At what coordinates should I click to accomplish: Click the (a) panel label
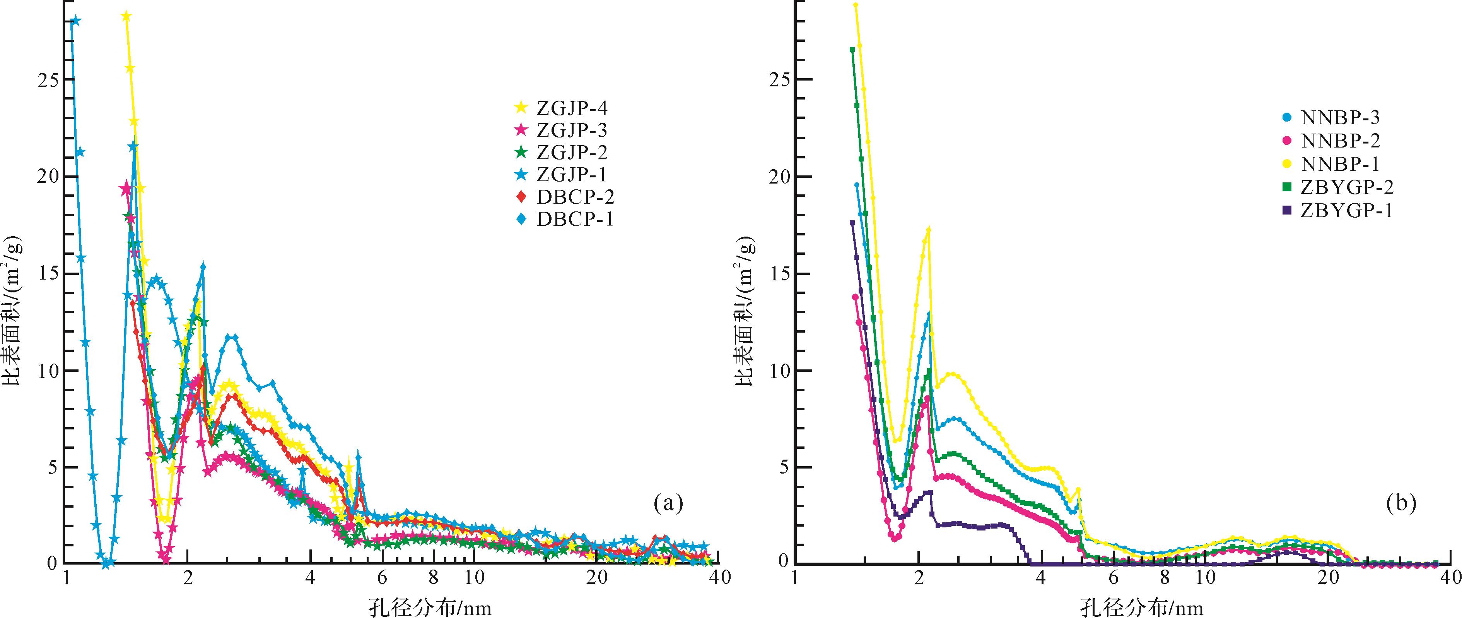click(x=668, y=503)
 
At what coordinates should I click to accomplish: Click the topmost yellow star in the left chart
click(x=126, y=17)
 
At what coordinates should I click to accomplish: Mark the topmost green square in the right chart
click(x=852, y=50)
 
